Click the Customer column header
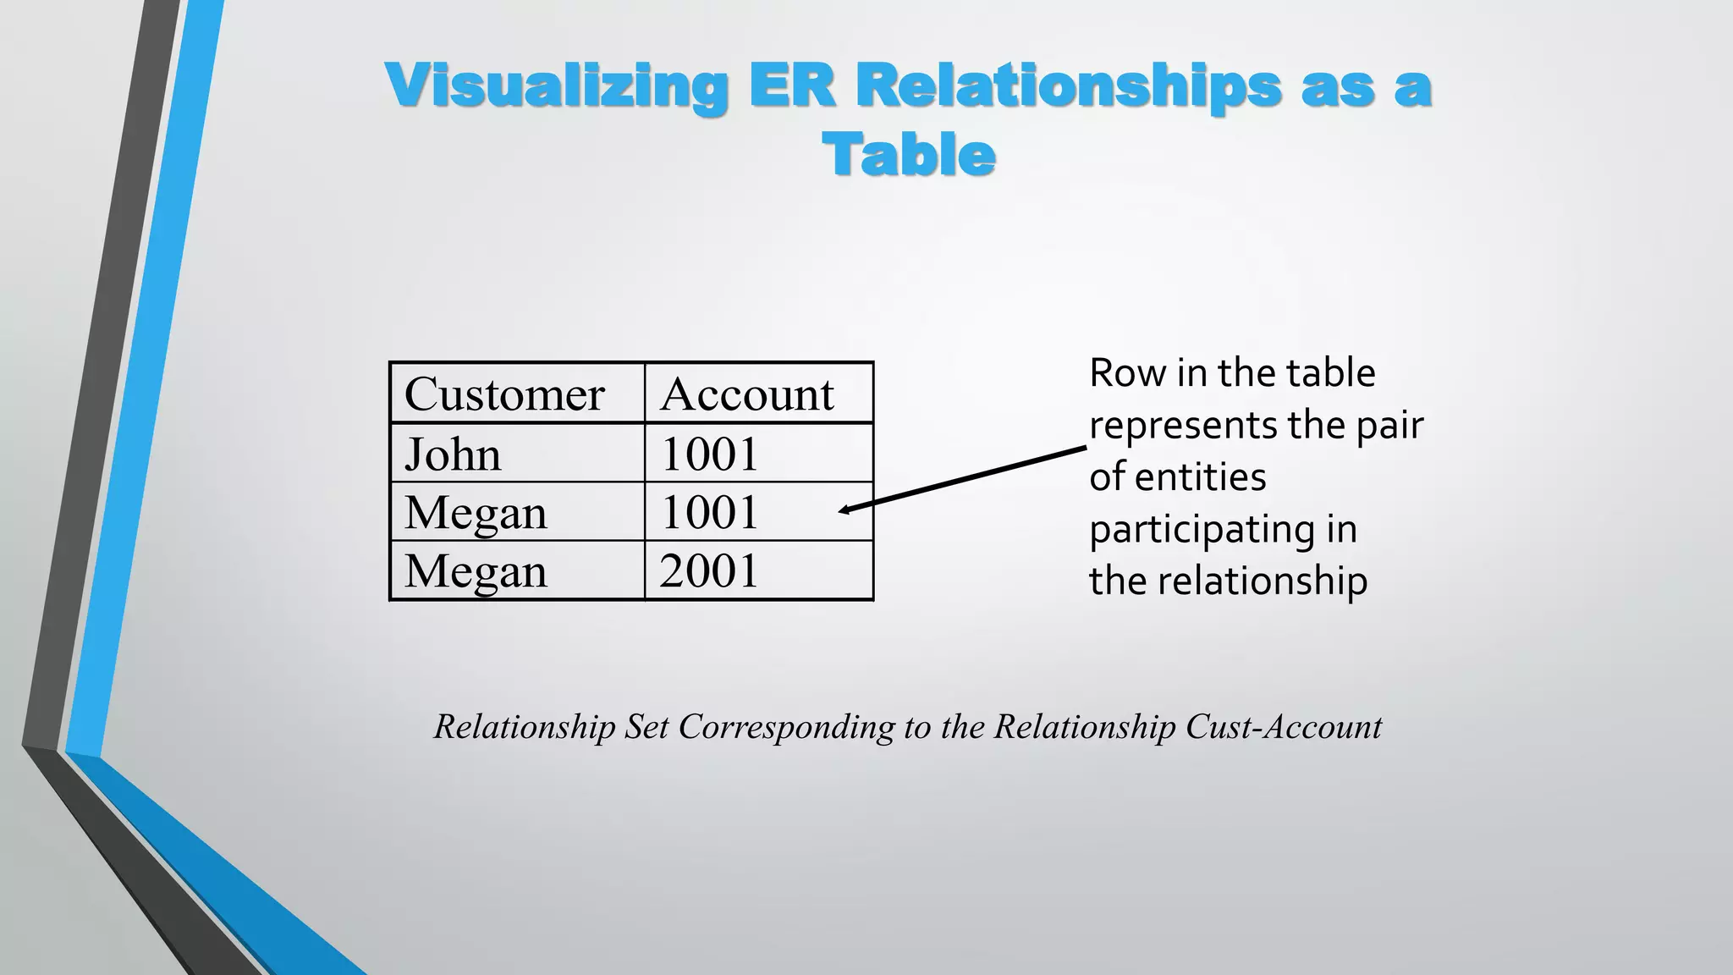click(x=504, y=394)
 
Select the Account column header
click(x=747, y=394)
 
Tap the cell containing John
click(x=454, y=454)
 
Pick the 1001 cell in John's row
click(x=709, y=454)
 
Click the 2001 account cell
click(x=709, y=570)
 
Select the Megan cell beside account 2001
click(x=476, y=570)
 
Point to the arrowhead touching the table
click(x=844, y=510)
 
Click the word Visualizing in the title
click(x=556, y=86)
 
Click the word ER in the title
click(x=791, y=86)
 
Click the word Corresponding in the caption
click(x=786, y=727)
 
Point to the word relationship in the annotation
click(x=1262, y=581)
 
